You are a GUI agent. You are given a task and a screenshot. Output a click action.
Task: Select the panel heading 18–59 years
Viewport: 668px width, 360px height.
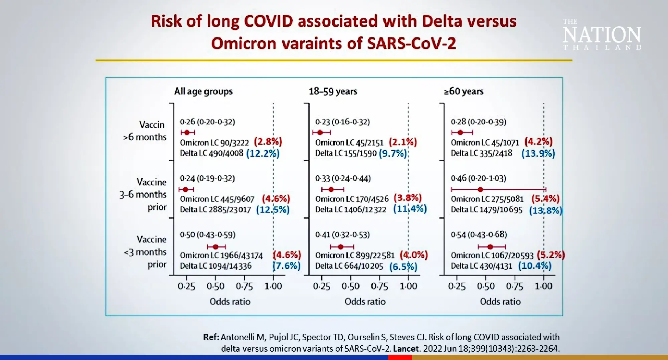[x=333, y=91]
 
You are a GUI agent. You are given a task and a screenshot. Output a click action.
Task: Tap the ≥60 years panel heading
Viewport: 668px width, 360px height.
[x=464, y=91]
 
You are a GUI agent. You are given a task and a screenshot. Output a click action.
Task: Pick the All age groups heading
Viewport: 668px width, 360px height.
[x=203, y=91]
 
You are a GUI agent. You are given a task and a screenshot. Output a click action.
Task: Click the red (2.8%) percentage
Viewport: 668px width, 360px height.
[x=268, y=142]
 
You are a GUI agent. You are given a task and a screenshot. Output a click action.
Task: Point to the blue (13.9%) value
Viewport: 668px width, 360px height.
[x=538, y=153]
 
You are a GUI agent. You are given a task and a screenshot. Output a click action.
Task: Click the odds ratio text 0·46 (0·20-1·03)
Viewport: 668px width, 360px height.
[x=478, y=178]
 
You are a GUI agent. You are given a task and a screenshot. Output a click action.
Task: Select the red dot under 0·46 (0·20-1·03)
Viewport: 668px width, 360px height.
[x=480, y=190]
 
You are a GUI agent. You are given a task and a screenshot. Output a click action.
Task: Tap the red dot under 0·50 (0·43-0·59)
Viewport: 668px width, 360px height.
[x=215, y=247]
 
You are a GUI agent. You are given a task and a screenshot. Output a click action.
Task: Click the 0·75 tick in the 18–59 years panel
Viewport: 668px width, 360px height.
[x=379, y=286]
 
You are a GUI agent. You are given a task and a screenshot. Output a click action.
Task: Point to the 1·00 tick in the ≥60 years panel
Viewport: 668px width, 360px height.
[x=543, y=286]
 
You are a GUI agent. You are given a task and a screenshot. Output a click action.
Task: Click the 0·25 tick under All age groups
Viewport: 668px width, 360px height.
[x=186, y=286]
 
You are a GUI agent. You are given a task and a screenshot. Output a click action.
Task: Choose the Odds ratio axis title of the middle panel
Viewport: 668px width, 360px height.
[x=365, y=302]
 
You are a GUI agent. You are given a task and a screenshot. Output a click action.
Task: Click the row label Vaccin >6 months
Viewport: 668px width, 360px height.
[x=145, y=131]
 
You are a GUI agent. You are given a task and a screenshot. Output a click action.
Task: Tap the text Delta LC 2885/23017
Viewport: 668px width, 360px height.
[x=215, y=210]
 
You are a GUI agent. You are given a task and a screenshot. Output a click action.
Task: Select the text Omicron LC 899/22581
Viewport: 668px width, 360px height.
[x=355, y=255]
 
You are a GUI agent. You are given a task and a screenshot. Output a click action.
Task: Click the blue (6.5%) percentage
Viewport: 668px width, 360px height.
[x=403, y=266]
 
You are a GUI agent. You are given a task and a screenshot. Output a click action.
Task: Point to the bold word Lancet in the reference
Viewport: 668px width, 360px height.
[x=406, y=349]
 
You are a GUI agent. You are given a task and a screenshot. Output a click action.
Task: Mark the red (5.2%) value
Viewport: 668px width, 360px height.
[x=551, y=255]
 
